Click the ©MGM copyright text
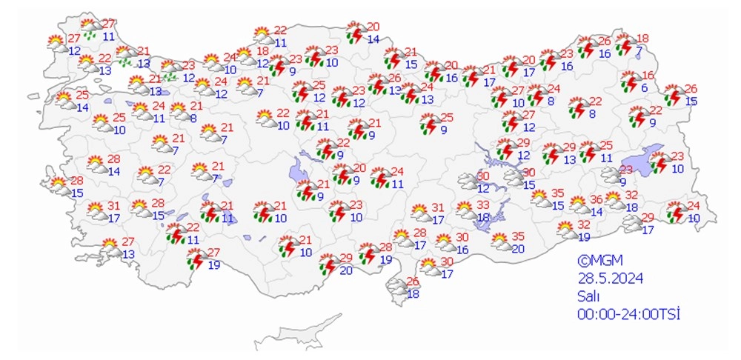click(x=600, y=261)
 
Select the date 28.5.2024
click(x=611, y=279)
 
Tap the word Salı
click(x=589, y=296)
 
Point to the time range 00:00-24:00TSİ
click(x=628, y=314)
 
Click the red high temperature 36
click(x=596, y=199)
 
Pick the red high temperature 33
click(x=483, y=204)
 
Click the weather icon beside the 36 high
click(x=581, y=205)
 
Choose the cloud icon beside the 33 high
click(x=467, y=210)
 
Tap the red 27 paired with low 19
click(x=213, y=253)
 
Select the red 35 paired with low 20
click(x=517, y=236)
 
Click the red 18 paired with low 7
click(x=642, y=39)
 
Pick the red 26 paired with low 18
click(x=413, y=281)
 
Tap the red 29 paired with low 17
click(x=647, y=217)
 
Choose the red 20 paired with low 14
click(x=373, y=27)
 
